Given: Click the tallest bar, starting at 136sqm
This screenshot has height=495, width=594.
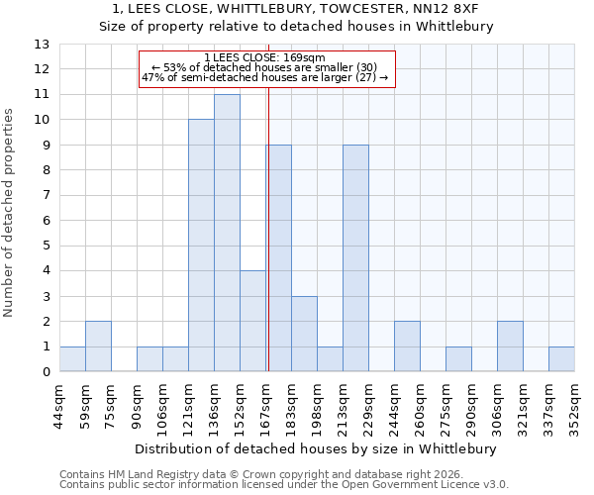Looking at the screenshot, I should pyautogui.click(x=227, y=234).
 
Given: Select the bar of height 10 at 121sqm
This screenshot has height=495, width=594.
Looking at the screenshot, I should pyautogui.click(x=201, y=246).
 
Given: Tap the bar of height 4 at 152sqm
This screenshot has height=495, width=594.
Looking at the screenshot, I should pyautogui.click(x=252, y=322).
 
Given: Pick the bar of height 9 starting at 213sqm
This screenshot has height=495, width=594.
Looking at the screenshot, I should pyautogui.click(x=355, y=258).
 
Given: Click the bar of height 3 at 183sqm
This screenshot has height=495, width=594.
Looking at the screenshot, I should pyautogui.click(x=304, y=335).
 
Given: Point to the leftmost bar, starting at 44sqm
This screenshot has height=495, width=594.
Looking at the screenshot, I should pyautogui.click(x=72, y=359).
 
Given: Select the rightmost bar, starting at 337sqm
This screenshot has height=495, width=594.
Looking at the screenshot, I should pyautogui.click(x=561, y=359).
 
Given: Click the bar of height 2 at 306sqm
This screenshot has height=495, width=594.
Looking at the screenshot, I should pyautogui.click(x=510, y=346).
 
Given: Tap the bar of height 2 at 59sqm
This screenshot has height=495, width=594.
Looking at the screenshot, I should pyautogui.click(x=98, y=346).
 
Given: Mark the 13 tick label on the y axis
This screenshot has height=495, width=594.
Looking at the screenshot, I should pyautogui.click(x=42, y=45).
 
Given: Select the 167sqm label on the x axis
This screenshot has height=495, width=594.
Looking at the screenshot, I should pyautogui.click(x=265, y=401).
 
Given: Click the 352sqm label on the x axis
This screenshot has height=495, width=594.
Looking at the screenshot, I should pyautogui.click(x=574, y=401).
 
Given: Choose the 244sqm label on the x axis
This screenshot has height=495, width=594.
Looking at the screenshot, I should pyautogui.click(x=394, y=401).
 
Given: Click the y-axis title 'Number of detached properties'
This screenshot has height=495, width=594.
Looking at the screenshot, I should pyautogui.click(x=9, y=209).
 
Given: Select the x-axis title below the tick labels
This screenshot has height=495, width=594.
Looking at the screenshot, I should pyautogui.click(x=317, y=448).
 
